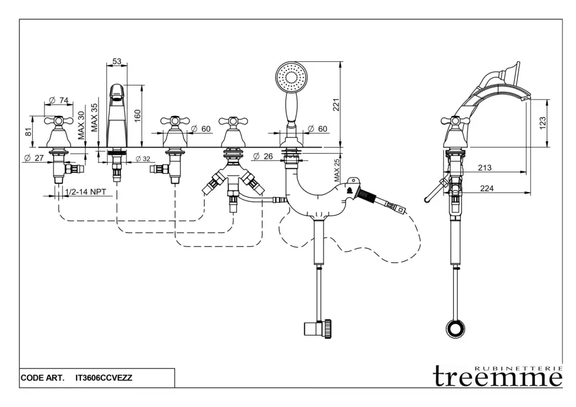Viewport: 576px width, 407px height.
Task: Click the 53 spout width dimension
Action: point(117,61)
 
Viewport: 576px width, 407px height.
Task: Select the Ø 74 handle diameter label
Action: point(59,100)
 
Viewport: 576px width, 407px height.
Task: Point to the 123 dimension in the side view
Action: point(543,123)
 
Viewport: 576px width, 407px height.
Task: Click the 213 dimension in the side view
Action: point(484,168)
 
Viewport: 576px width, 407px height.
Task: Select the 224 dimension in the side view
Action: point(487,189)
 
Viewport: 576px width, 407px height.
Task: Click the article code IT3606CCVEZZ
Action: point(103,378)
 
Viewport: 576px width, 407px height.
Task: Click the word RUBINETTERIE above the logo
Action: point(518,367)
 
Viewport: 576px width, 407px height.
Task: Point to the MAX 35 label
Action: point(95,117)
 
